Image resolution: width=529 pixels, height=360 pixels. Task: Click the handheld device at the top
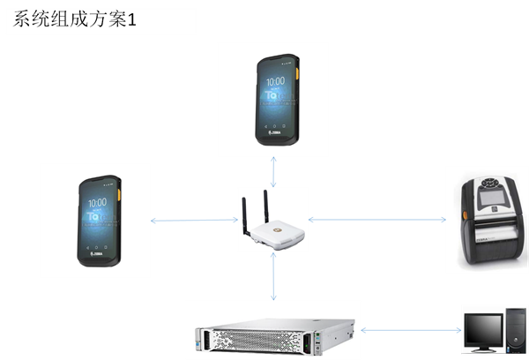pos(274,99)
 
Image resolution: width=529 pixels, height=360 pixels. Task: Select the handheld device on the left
pos(97,221)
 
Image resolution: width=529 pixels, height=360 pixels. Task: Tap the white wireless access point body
pos(274,235)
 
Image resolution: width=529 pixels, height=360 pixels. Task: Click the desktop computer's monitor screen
pos(481,331)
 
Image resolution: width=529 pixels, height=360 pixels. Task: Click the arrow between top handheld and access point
pos(274,172)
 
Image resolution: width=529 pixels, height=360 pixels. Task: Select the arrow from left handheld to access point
pos(194,220)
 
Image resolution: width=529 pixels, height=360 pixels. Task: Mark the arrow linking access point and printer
pos(377,220)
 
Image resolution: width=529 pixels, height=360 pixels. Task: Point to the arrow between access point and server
pos(274,277)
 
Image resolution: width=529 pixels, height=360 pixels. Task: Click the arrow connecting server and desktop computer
pos(411,331)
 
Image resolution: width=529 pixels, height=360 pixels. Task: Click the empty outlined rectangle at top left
pos(101,22)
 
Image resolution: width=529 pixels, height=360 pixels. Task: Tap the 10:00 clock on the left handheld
pos(96,202)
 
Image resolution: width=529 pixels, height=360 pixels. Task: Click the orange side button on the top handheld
pos(296,72)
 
